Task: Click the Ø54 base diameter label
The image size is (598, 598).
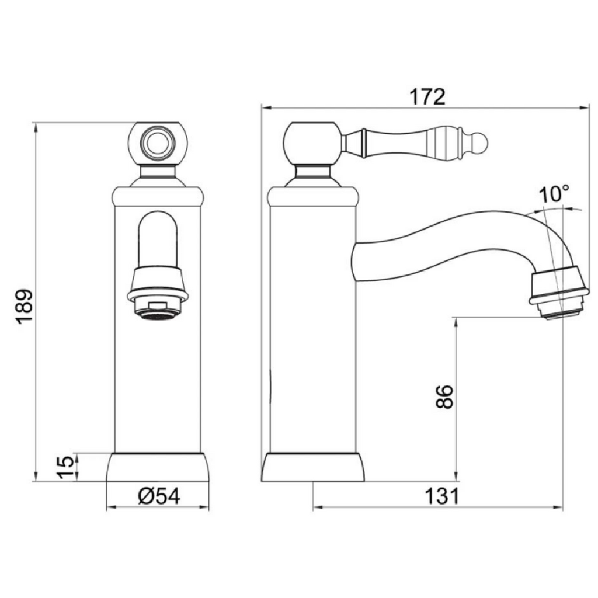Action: point(158,496)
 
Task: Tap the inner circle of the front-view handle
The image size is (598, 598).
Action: point(158,143)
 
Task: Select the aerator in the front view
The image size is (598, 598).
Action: point(158,304)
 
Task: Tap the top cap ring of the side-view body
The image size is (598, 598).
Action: point(312,195)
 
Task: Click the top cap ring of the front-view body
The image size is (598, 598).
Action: point(158,195)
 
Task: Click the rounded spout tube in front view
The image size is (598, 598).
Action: point(158,239)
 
